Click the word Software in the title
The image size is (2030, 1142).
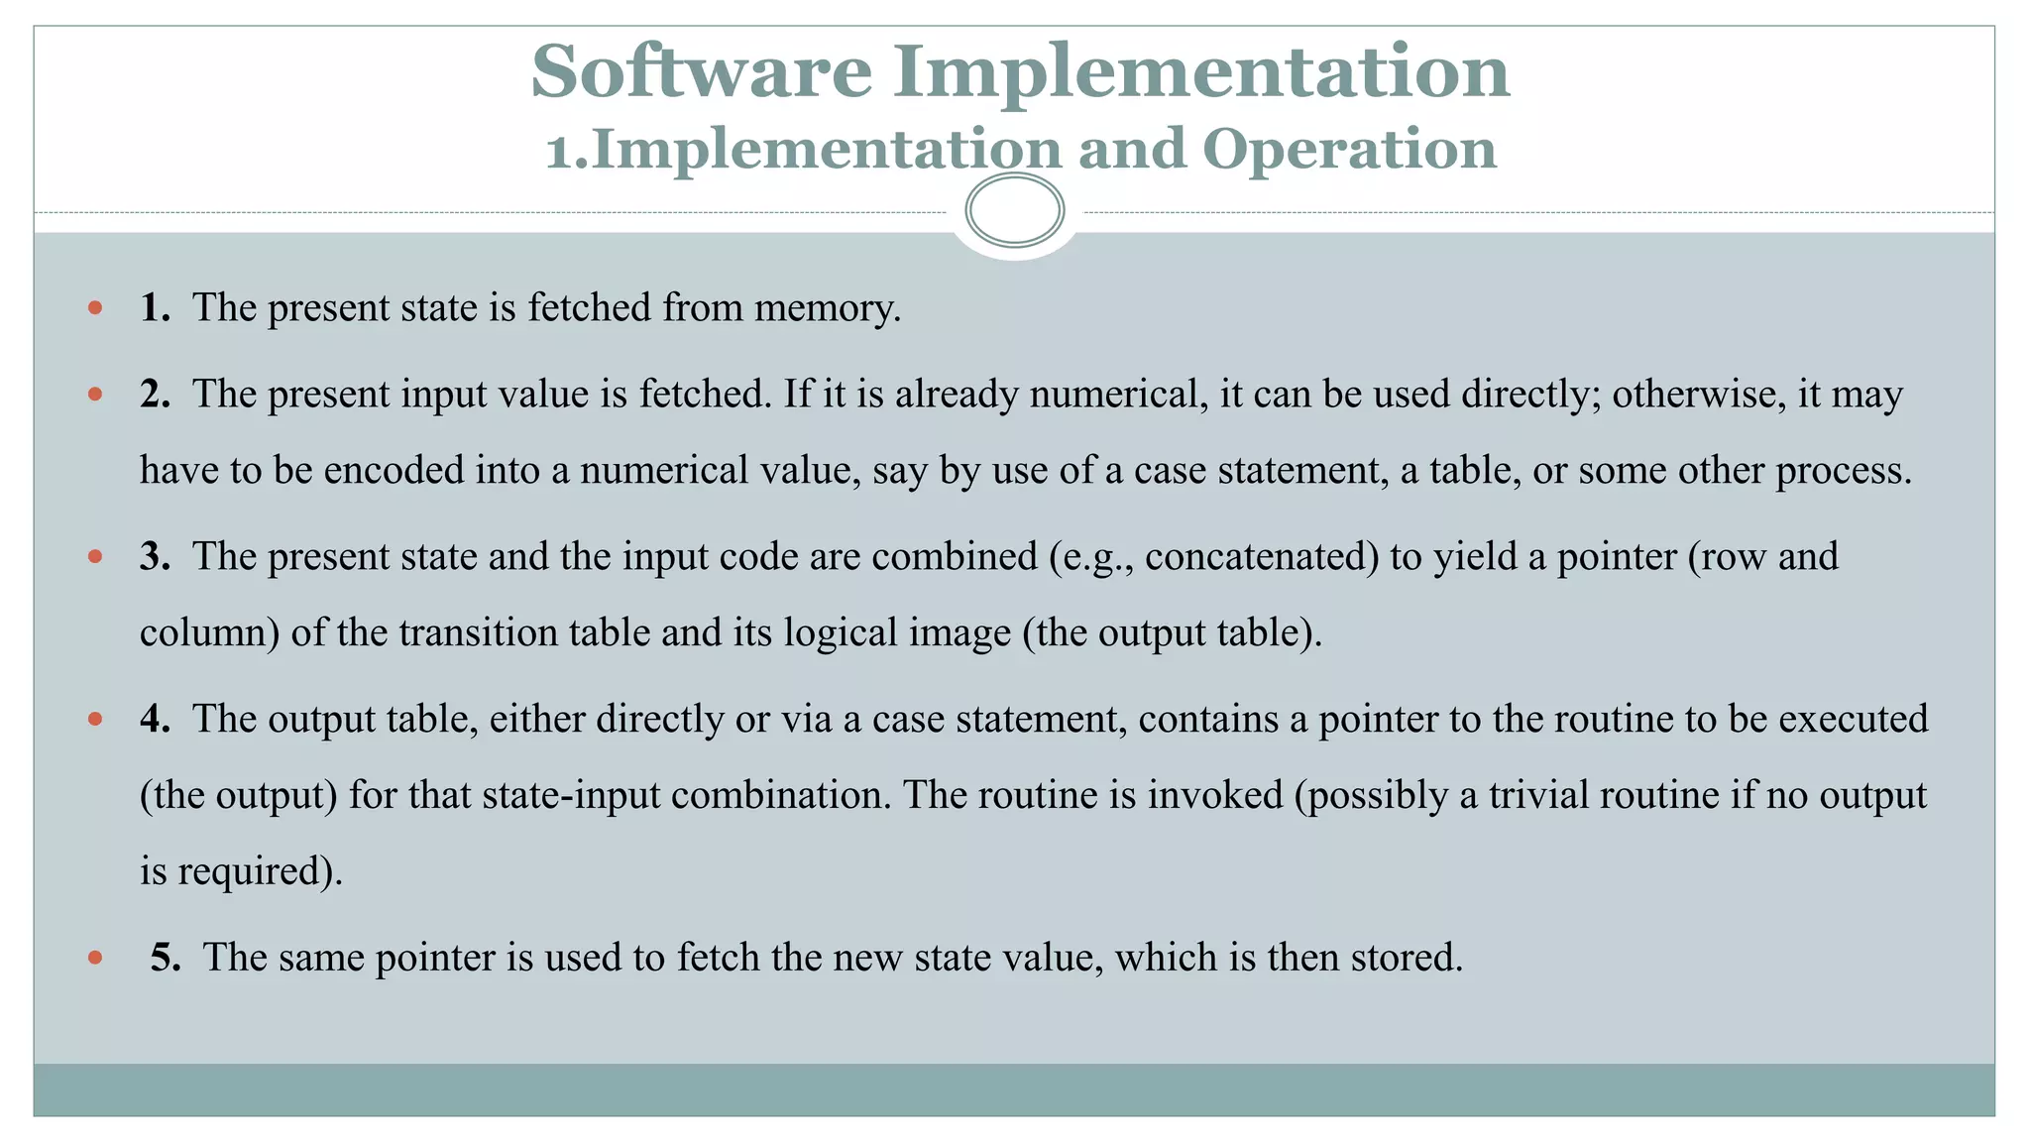coord(701,71)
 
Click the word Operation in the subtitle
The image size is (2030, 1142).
coord(1349,150)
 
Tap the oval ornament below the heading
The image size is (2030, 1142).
coord(1014,210)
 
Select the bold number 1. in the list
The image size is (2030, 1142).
coord(155,308)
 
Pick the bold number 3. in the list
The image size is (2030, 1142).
coord(155,557)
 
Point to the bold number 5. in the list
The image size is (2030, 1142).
coord(166,958)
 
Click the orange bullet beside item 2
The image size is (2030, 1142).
coord(95,395)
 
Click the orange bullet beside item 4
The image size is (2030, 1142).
coord(95,719)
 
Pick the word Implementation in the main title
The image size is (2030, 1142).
coord(1201,71)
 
